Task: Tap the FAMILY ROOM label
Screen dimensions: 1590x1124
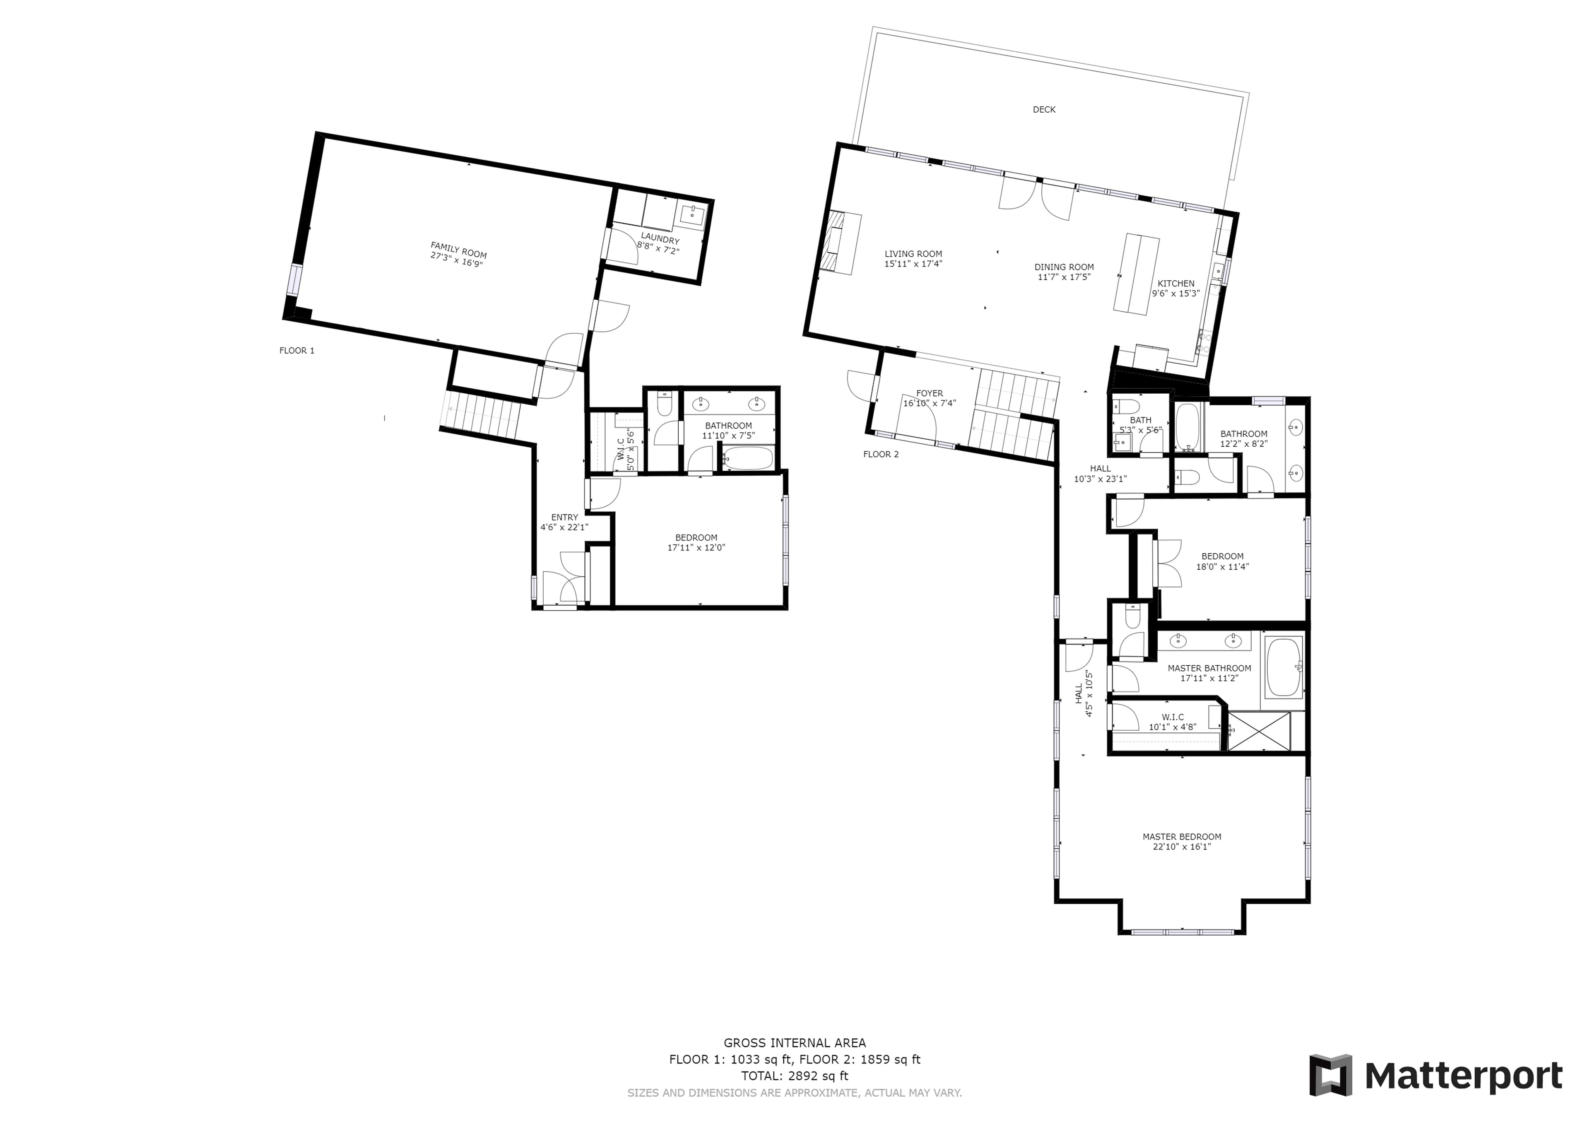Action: pyautogui.click(x=458, y=249)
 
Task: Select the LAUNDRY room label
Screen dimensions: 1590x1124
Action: pyautogui.click(x=660, y=239)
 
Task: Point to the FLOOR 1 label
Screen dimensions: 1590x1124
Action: pyautogui.click(x=297, y=350)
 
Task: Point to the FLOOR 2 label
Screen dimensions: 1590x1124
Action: pyautogui.click(x=881, y=454)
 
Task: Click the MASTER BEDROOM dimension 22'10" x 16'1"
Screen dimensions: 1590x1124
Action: pyautogui.click(x=1181, y=846)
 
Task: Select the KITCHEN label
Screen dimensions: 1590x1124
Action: pyautogui.click(x=1176, y=283)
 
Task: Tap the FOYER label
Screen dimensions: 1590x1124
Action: pyautogui.click(x=929, y=393)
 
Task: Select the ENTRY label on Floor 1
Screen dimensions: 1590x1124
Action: pyautogui.click(x=564, y=517)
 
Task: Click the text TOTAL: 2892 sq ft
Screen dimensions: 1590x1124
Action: pyautogui.click(x=794, y=1076)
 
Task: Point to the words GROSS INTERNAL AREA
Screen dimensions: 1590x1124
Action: pyautogui.click(x=794, y=1043)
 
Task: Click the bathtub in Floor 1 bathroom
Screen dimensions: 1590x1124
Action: pyautogui.click(x=748, y=458)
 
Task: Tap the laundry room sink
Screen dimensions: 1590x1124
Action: pyautogui.click(x=692, y=215)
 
